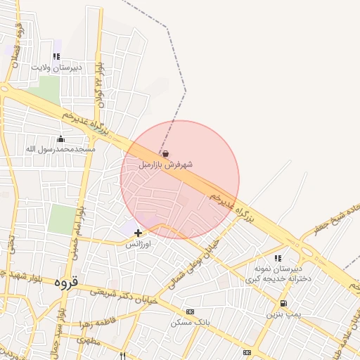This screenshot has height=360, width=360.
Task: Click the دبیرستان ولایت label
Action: (x=56, y=67)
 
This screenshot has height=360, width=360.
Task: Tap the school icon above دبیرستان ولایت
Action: (x=56, y=57)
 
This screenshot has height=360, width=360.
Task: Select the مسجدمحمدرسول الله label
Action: (x=60, y=149)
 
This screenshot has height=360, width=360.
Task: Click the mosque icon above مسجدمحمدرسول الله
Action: (x=60, y=139)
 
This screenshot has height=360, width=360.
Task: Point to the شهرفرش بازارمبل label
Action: (x=165, y=165)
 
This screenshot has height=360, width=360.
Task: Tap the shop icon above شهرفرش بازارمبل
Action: (x=165, y=153)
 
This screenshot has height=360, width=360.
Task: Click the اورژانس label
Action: (x=138, y=244)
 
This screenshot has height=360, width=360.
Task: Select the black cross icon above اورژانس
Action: (x=138, y=232)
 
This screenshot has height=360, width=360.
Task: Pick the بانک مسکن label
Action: (x=190, y=323)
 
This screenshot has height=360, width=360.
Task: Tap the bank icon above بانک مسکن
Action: (x=190, y=311)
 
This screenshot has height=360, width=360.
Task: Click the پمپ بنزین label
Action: (x=283, y=314)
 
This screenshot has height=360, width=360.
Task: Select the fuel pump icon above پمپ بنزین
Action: (x=283, y=303)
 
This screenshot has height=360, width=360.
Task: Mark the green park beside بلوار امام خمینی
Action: (x=61, y=219)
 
